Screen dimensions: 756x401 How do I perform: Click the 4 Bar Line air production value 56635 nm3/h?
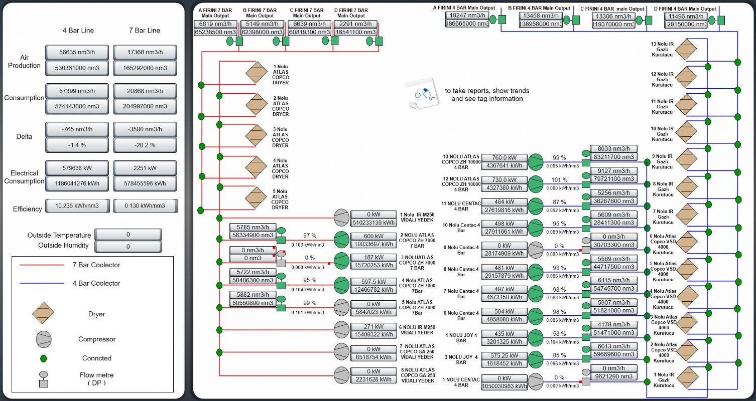tap(77, 52)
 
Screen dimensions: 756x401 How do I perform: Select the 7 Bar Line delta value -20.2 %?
tap(145, 145)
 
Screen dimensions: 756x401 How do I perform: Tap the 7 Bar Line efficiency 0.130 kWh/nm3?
tap(145, 206)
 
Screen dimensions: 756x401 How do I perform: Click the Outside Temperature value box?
tap(128, 234)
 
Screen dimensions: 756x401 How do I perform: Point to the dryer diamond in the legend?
tap(43, 313)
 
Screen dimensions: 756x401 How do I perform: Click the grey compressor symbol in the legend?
tap(44, 339)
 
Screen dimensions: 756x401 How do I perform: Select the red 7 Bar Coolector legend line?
tap(42, 265)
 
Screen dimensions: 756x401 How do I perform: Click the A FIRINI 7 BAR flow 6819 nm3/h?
tap(215, 24)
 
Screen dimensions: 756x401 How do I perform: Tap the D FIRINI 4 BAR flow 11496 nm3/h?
tap(686, 16)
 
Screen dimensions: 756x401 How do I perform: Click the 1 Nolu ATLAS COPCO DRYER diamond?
tap(257, 73)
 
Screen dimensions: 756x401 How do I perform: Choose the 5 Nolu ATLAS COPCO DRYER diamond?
tap(256, 197)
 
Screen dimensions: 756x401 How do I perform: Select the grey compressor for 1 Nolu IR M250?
tap(341, 218)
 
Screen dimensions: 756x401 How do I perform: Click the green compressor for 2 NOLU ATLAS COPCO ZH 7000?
tap(341, 239)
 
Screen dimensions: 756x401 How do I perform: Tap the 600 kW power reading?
tap(373, 236)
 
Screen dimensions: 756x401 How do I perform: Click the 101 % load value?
tap(559, 180)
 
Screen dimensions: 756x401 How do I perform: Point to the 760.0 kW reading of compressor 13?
tap(504, 158)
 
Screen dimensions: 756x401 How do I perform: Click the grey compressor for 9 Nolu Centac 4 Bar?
tap(536, 250)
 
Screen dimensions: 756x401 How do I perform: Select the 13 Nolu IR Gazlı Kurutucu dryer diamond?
tap(686, 50)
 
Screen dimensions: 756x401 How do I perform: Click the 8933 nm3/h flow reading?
tap(613, 148)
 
